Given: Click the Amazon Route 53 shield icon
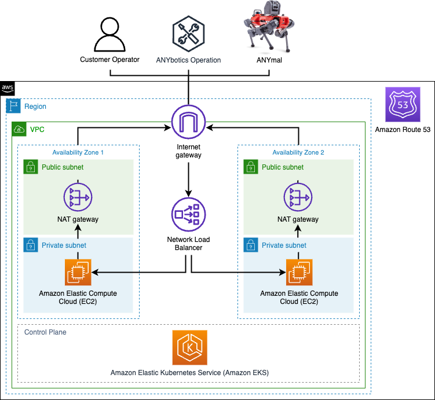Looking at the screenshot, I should pos(402,105).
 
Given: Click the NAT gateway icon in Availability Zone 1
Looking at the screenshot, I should pos(78,197).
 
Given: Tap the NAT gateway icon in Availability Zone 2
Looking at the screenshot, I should pos(298,197).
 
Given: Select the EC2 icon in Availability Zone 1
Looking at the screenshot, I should pos(78,271).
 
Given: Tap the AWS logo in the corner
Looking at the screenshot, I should pos(8,88).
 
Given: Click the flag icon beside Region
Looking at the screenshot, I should pos(13,107).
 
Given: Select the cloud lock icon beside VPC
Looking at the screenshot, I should pos(19,129).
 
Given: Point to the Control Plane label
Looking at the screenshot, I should pos(45,332).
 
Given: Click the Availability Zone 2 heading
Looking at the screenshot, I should pos(298,152).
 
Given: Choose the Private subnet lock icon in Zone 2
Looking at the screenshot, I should pos(250,245).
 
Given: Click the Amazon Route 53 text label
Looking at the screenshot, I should pos(403,130).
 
